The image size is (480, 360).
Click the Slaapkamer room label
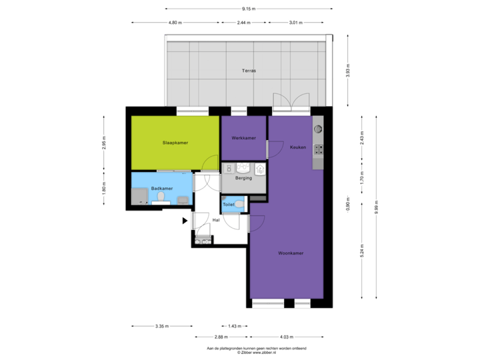(x=174, y=143)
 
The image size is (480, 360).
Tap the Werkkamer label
(x=243, y=138)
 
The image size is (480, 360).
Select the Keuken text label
(x=298, y=147)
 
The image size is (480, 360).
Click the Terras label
(x=249, y=70)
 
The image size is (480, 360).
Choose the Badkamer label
(x=162, y=189)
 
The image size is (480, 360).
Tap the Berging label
(x=243, y=179)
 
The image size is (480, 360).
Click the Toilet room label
(x=229, y=205)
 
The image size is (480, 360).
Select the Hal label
(x=216, y=219)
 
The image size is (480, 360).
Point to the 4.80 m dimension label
(x=175, y=23)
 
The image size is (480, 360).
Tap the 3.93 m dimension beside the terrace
(x=347, y=71)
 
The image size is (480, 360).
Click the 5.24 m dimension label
(x=362, y=249)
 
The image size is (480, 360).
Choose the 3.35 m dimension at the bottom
(x=161, y=326)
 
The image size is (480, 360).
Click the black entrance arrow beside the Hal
(x=185, y=220)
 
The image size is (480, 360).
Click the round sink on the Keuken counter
(x=318, y=128)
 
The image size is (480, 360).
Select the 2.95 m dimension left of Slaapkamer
(x=103, y=144)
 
